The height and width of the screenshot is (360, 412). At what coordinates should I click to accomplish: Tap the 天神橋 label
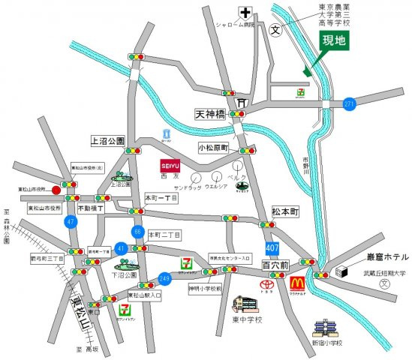click(x=210, y=115)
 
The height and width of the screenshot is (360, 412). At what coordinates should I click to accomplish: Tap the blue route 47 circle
click(x=71, y=222)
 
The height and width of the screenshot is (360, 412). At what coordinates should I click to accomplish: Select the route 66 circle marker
click(x=137, y=232)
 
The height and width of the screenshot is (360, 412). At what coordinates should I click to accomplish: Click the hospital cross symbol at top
click(x=244, y=13)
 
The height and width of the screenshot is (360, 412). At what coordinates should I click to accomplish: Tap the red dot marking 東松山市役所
click(x=56, y=190)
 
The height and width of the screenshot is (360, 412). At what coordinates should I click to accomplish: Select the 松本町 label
click(x=285, y=212)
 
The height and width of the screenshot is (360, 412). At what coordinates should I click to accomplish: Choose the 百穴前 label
click(x=276, y=265)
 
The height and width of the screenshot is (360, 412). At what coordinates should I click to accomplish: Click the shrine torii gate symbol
click(x=242, y=103)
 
